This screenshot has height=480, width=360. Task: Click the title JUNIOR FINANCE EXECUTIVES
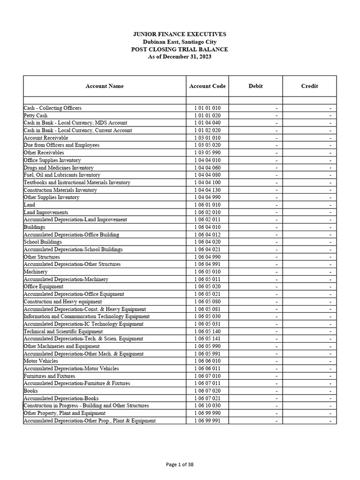[x=180, y=34]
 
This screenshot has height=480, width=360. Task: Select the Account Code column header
[x=207, y=86]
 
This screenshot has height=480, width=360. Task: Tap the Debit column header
[x=255, y=86]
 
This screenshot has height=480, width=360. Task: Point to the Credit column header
[x=309, y=86]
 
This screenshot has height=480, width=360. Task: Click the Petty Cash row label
[x=36, y=115]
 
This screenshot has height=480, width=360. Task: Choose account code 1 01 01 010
[x=207, y=108]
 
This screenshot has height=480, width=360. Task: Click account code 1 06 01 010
[x=207, y=205]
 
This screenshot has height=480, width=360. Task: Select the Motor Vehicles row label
[x=41, y=361]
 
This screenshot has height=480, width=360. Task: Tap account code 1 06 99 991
[x=207, y=420]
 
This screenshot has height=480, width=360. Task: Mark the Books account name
[x=31, y=390]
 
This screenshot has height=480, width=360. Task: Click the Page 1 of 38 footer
[x=180, y=465]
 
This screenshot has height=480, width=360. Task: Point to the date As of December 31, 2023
[x=180, y=57]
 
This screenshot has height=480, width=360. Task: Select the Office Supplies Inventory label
[x=52, y=160]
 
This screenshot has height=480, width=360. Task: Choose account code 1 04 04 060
[x=207, y=168]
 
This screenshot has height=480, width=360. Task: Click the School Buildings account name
[x=43, y=242]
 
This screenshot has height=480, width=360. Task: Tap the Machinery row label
[x=36, y=272]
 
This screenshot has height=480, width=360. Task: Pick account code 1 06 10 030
[x=207, y=405]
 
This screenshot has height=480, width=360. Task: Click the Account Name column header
[x=105, y=86]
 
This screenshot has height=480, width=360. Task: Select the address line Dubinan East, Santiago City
[x=180, y=42]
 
